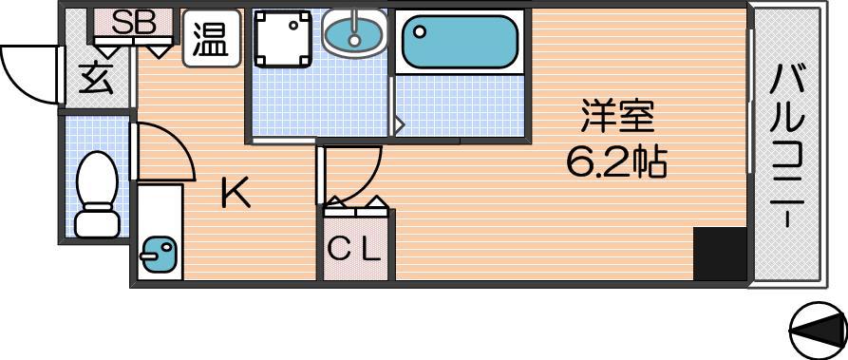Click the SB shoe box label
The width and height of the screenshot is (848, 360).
134,23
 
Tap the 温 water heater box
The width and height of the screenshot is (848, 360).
212,39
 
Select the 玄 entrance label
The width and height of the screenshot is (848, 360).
97,80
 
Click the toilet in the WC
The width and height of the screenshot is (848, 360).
97,195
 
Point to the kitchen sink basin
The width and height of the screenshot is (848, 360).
158,254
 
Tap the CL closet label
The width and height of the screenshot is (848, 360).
355,250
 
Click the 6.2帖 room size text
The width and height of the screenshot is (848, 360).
616,161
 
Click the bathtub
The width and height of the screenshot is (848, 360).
460,42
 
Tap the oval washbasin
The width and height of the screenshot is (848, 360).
354,32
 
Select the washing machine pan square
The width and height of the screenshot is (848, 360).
283,39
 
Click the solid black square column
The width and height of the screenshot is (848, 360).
720,254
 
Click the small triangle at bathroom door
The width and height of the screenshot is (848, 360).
399,125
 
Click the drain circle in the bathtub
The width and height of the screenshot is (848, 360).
420,31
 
